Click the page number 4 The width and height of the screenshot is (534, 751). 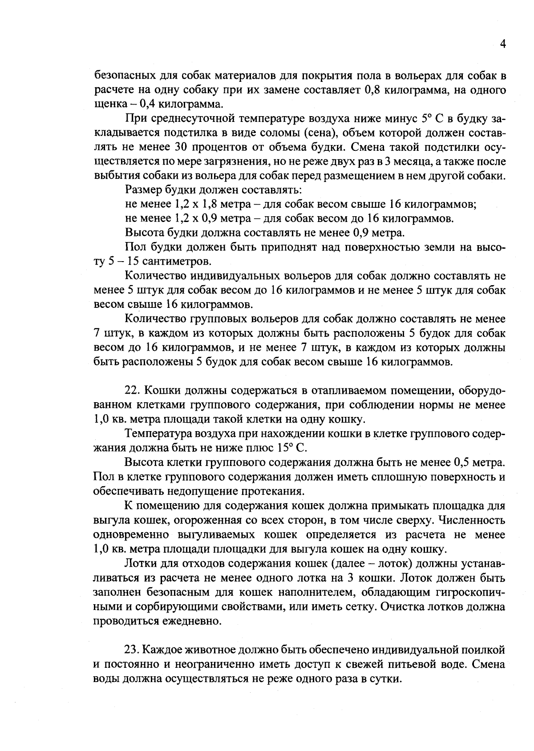(x=503, y=44)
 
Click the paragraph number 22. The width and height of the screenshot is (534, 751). (x=133, y=391)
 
